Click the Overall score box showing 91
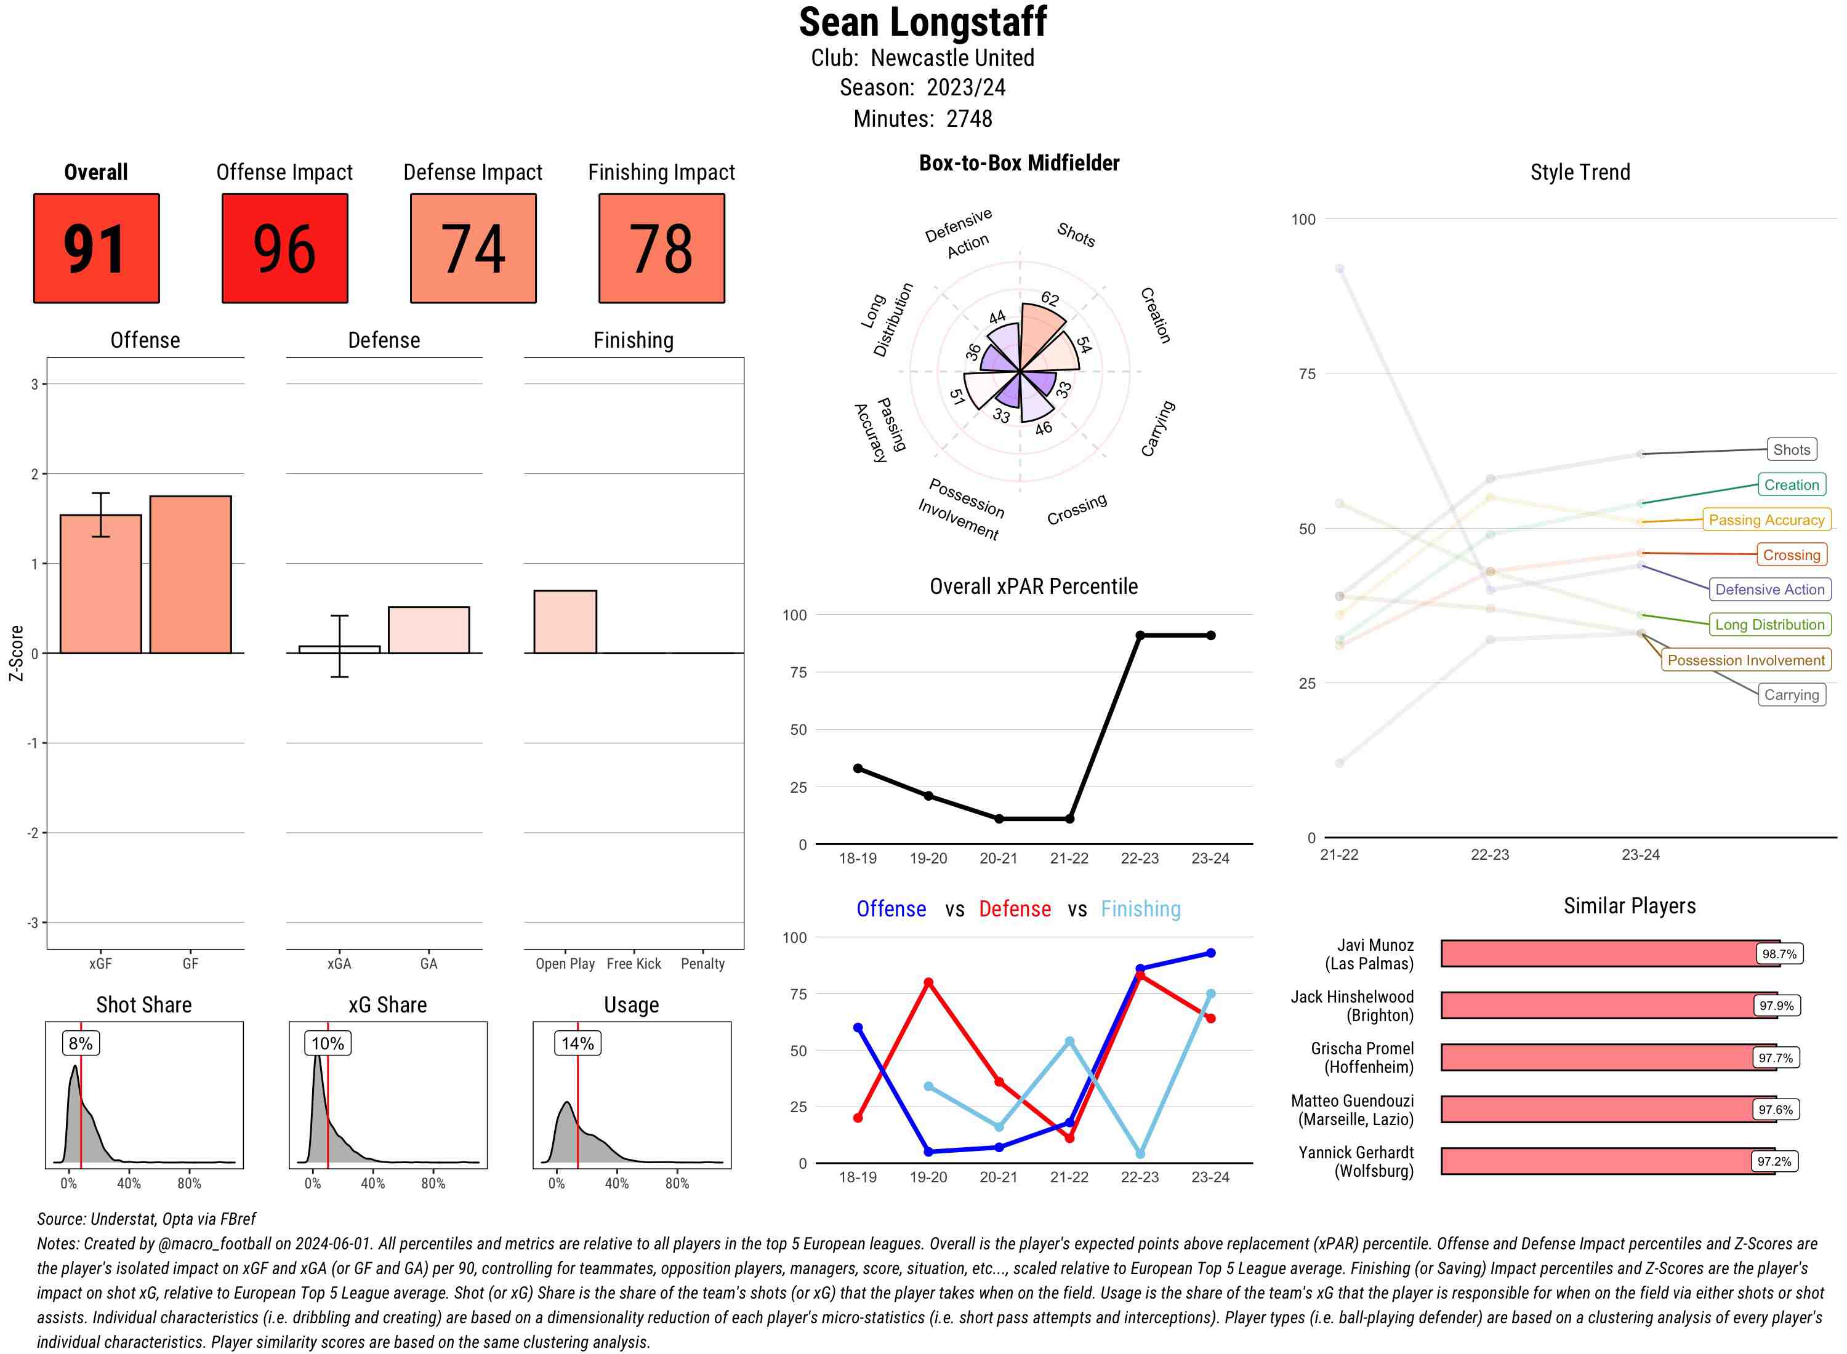point(96,249)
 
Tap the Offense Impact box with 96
point(284,249)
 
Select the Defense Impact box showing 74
point(473,249)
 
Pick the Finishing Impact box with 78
point(662,249)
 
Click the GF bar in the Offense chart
point(190,574)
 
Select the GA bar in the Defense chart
point(429,630)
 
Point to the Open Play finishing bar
point(565,621)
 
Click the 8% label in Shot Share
point(80,1043)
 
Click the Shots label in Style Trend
point(1791,449)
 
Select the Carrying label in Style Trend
point(1791,695)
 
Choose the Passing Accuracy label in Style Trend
point(1767,519)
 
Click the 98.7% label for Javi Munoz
point(1779,954)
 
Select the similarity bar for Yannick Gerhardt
point(1607,1161)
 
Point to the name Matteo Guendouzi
point(1352,1100)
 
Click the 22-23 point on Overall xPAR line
point(1140,635)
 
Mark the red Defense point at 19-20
point(928,982)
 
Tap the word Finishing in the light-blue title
point(1140,909)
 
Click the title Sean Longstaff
point(922,22)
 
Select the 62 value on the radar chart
point(1049,299)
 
